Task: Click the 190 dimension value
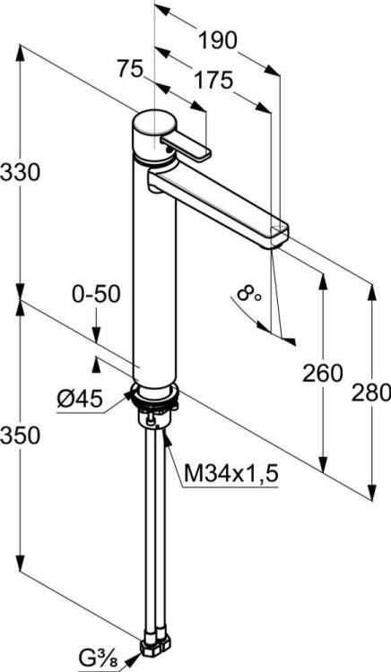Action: pyautogui.click(x=217, y=40)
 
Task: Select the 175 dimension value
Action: pyautogui.click(x=213, y=80)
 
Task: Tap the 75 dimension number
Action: pyautogui.click(x=130, y=69)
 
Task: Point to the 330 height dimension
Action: pyautogui.click(x=20, y=172)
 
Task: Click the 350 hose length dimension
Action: pyautogui.click(x=20, y=435)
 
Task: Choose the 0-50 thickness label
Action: pyautogui.click(x=96, y=295)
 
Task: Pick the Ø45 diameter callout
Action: pyautogui.click(x=80, y=400)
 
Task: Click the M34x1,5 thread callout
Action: pyautogui.click(x=231, y=474)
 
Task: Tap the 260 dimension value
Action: pyautogui.click(x=323, y=374)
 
